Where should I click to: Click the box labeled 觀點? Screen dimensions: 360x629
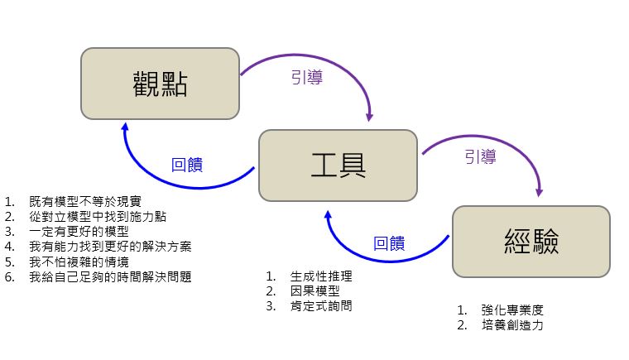(x=160, y=83)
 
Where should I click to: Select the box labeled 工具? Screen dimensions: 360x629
(x=338, y=165)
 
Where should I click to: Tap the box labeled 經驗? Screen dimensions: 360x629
(x=531, y=241)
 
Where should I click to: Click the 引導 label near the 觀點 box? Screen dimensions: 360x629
(x=306, y=78)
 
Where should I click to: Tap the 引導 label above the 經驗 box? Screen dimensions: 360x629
(x=480, y=156)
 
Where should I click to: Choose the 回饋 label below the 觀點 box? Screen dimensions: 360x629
(x=187, y=163)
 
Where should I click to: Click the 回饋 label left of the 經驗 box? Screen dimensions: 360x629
(x=389, y=242)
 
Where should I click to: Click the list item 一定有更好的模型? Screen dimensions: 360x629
(x=79, y=231)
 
